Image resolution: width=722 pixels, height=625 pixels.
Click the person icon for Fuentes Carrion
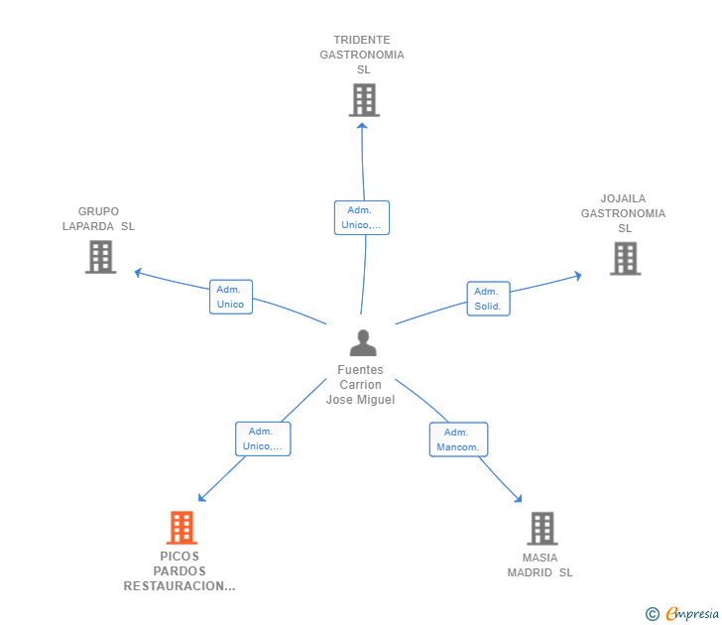pyautogui.click(x=363, y=342)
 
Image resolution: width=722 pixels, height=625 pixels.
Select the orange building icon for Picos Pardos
pyautogui.click(x=181, y=528)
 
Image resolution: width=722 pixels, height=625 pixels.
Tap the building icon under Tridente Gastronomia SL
pyautogui.click(x=364, y=100)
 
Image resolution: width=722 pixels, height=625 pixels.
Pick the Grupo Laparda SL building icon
pyautogui.click(x=101, y=257)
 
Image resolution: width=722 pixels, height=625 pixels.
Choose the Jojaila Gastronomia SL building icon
pyautogui.click(x=625, y=258)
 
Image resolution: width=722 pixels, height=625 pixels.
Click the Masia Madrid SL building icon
pyautogui.click(x=542, y=529)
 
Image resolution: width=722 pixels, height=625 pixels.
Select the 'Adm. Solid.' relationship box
pyautogui.click(x=489, y=299)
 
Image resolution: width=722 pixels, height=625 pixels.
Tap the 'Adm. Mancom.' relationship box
pyautogui.click(x=458, y=439)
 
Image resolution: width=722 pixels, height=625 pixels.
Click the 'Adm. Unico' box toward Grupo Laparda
pyautogui.click(x=231, y=297)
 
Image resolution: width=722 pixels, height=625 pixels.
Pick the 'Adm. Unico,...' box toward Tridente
pyautogui.click(x=362, y=217)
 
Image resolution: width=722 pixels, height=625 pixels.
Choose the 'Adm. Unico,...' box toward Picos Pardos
pyautogui.click(x=263, y=438)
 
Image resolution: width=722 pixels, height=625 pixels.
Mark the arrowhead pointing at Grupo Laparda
pyautogui.click(x=137, y=272)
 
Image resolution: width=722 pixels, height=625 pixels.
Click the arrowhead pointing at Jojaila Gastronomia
pyautogui.click(x=579, y=276)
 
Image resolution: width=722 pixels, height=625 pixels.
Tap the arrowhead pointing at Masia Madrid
pyautogui.click(x=519, y=499)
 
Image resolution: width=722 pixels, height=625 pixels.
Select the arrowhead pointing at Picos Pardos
pyautogui.click(x=201, y=498)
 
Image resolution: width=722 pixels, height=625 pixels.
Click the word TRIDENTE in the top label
pyautogui.click(x=362, y=40)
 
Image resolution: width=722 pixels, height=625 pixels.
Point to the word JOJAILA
pyautogui.click(x=623, y=198)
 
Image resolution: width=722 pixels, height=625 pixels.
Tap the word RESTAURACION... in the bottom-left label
pyautogui.click(x=180, y=586)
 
